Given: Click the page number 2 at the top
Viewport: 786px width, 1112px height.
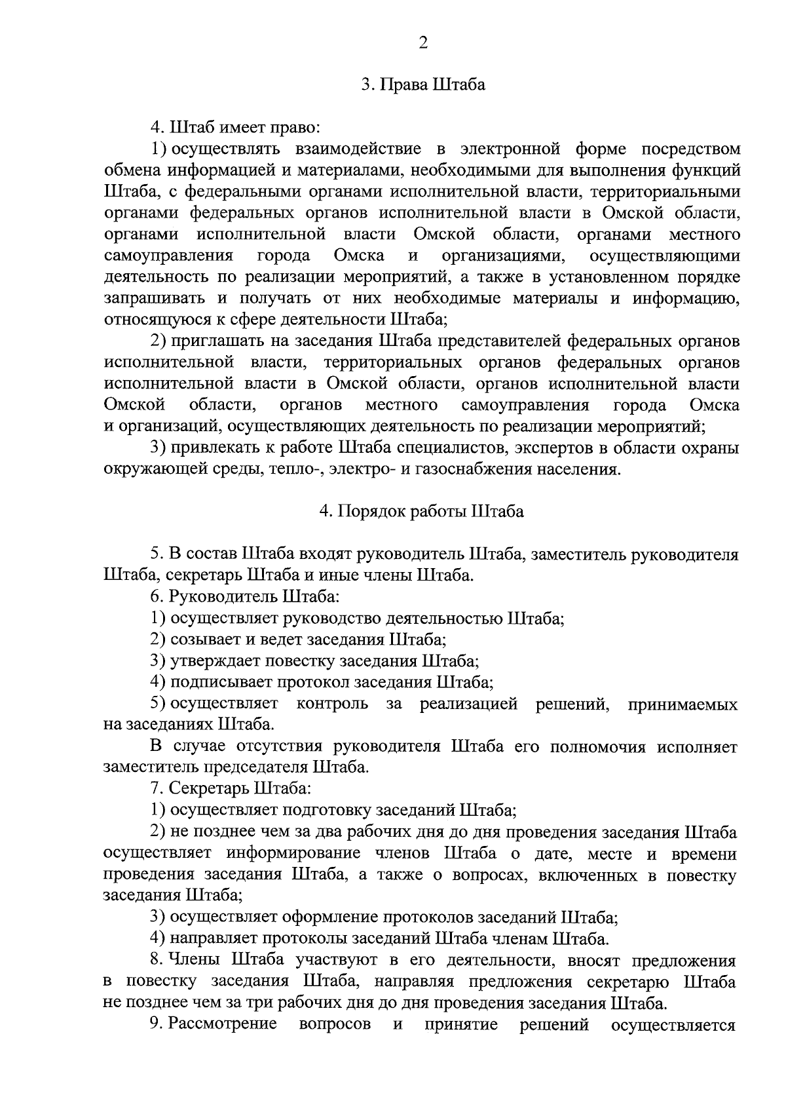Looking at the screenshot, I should click(x=422, y=43).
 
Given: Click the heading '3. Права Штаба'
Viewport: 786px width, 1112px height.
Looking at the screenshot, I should click(x=423, y=86).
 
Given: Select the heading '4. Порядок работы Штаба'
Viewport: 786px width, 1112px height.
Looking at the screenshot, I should click(x=422, y=512).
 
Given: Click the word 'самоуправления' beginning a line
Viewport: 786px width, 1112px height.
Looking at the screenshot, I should click(x=168, y=256).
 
